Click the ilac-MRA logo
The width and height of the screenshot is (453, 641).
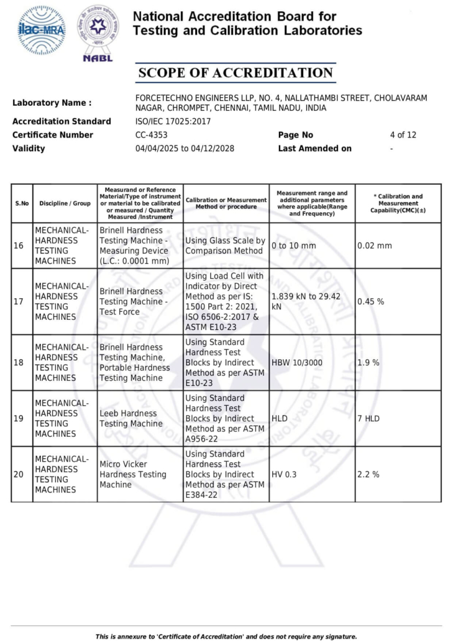click(x=42, y=30)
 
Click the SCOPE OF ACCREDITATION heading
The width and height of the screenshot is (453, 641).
click(x=236, y=73)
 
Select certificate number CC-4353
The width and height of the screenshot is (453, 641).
click(x=151, y=135)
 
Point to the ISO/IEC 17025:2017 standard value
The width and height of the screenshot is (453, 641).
click(x=173, y=121)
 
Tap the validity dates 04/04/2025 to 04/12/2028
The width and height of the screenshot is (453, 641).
click(x=185, y=149)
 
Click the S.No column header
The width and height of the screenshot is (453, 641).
click(x=22, y=204)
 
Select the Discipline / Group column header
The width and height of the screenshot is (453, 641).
click(x=65, y=204)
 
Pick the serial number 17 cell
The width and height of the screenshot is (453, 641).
click(x=19, y=301)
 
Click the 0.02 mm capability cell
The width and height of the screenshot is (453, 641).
click(x=375, y=246)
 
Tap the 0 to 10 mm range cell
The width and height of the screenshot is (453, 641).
click(x=293, y=246)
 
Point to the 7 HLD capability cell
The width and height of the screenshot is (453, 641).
click(x=368, y=418)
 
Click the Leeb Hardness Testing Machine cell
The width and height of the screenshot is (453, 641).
click(x=130, y=418)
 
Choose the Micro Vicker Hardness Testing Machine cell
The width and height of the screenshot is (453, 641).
click(x=133, y=474)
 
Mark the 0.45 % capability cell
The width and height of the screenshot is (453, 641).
click(x=370, y=301)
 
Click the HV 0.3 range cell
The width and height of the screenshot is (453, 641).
click(x=284, y=474)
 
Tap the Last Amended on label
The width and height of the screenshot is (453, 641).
click(x=314, y=149)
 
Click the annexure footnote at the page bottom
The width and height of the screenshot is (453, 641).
click(x=226, y=636)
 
